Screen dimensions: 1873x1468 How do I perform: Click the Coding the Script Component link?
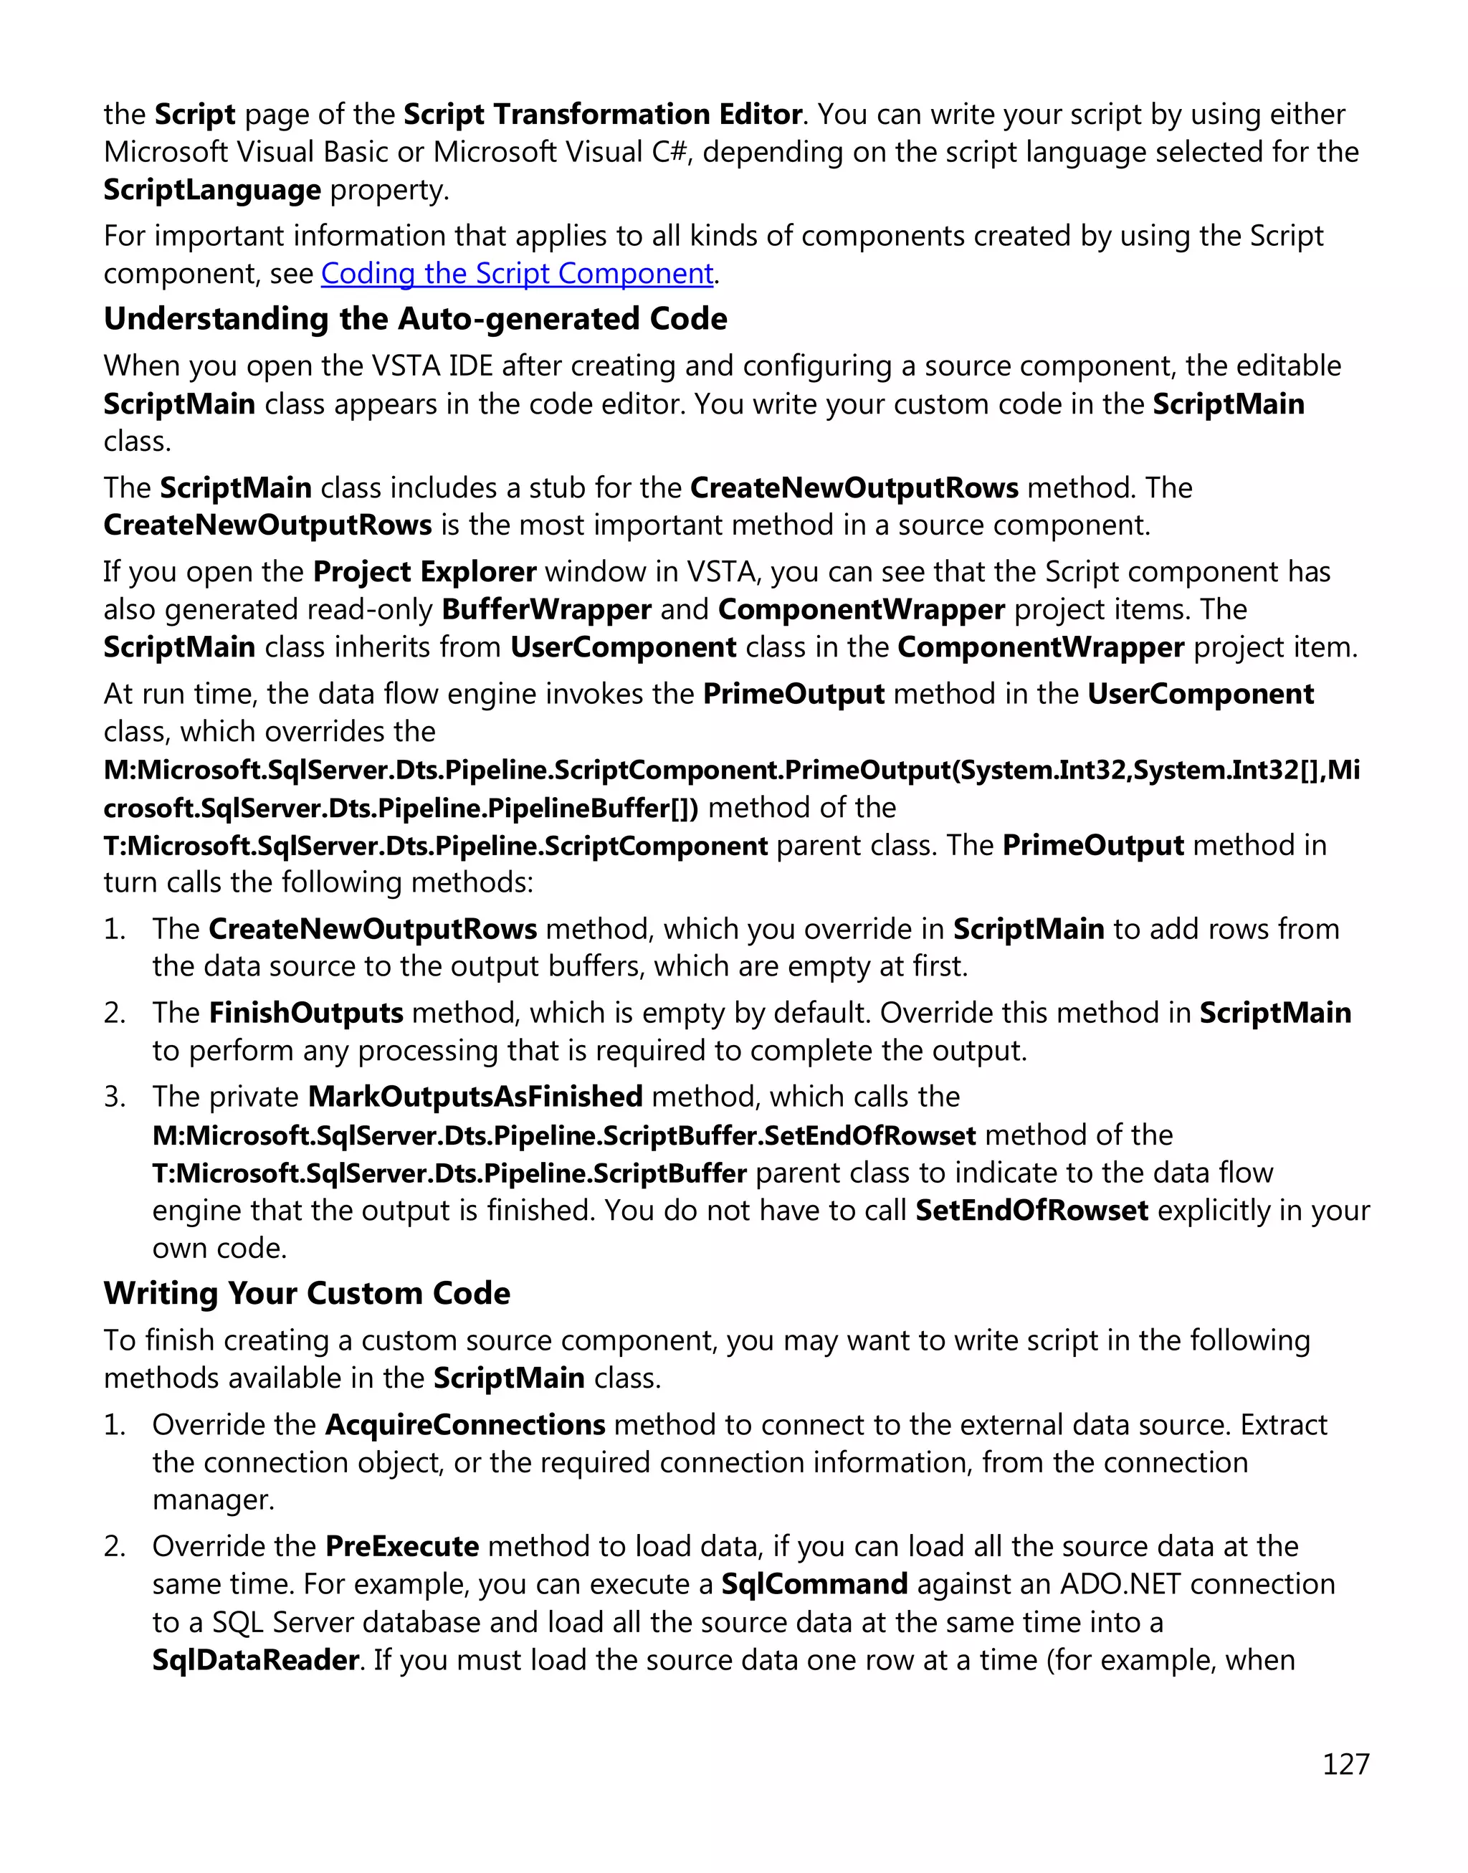[x=517, y=273]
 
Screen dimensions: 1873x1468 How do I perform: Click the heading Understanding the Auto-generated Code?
[x=415, y=319]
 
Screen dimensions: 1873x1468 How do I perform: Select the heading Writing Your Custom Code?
[x=307, y=1294]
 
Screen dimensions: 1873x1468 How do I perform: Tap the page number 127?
[x=1345, y=1764]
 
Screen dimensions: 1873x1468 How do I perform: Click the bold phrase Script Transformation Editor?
[x=603, y=114]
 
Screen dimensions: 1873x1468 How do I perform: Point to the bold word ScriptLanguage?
[x=212, y=189]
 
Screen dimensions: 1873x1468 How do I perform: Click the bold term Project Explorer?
[x=424, y=571]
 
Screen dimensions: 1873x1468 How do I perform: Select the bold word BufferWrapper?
[x=547, y=609]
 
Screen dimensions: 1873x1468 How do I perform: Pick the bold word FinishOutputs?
[x=306, y=1013]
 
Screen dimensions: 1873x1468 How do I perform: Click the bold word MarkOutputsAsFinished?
[x=475, y=1097]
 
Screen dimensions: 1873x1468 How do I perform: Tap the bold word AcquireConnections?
[x=465, y=1425]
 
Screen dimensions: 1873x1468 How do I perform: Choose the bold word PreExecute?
[x=402, y=1546]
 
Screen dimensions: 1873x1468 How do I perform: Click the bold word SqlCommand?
[x=814, y=1584]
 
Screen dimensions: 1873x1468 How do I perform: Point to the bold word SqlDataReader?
[x=255, y=1660]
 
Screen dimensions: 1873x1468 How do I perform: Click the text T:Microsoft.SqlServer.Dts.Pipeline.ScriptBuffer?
[x=449, y=1173]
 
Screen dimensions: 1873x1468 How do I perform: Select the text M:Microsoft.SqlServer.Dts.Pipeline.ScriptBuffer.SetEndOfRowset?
[x=564, y=1135]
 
